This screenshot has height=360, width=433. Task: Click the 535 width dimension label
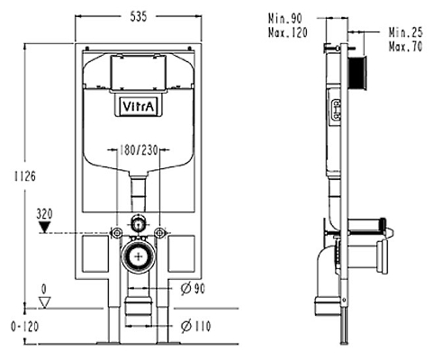(x=139, y=16)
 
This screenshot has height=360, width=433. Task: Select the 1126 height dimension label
(x=25, y=176)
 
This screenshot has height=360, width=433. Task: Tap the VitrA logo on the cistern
(x=139, y=106)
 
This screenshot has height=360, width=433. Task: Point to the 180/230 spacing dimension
(x=139, y=150)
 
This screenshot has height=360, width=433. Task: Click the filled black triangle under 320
(x=45, y=227)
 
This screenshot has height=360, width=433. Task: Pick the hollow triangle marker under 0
(x=45, y=302)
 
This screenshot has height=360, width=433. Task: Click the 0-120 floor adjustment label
(x=25, y=327)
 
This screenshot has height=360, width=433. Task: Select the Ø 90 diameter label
(x=193, y=289)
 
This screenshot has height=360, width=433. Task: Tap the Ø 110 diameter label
(x=195, y=326)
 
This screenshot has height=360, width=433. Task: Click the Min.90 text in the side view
(x=285, y=19)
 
